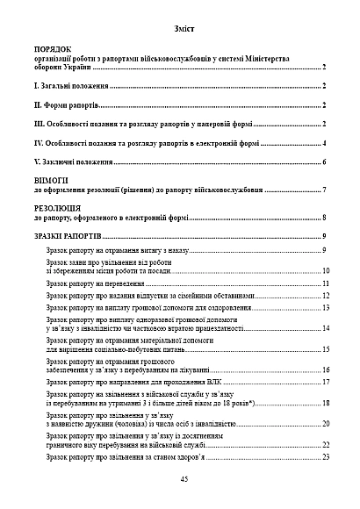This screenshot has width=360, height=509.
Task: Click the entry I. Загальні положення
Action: tap(70, 87)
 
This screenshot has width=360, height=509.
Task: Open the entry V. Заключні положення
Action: tap(73, 162)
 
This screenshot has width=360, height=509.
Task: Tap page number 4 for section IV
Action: tap(325, 143)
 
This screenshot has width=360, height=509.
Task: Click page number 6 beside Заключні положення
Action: tap(325, 162)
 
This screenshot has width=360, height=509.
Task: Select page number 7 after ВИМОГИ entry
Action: tap(325, 190)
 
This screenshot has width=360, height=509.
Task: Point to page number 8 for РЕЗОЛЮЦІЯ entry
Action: tap(325, 218)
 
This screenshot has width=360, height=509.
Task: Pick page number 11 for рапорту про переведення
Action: tap(325, 284)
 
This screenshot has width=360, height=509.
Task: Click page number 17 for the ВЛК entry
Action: tap(325, 383)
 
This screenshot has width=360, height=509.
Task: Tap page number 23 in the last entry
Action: tap(325, 457)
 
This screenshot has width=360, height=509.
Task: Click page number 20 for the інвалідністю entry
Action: tap(325, 424)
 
